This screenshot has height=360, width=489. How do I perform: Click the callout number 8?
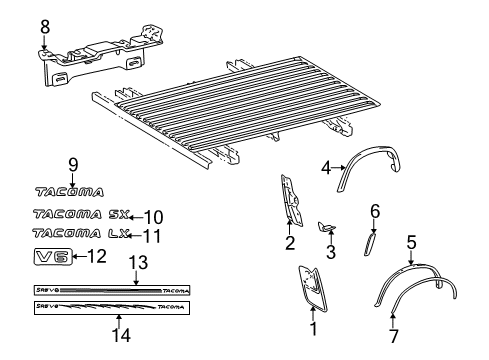tap(43, 27)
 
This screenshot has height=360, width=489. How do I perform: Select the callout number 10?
tap(153, 216)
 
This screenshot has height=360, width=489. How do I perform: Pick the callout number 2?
tap(290, 242)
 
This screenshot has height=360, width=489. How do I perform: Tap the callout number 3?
tap(331, 252)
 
